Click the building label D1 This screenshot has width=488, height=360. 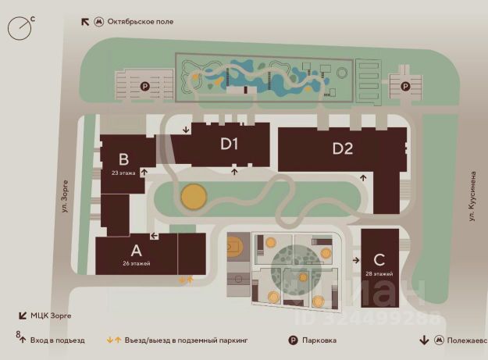tap(229, 144)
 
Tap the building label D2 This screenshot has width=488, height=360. tap(343, 148)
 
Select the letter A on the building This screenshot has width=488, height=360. tap(136, 251)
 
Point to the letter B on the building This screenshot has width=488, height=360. tap(123, 160)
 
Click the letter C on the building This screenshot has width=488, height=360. tap(379, 260)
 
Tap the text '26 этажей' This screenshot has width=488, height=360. tap(136, 263)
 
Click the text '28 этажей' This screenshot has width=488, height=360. tap(379, 274)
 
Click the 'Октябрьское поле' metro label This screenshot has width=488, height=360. tap(140, 21)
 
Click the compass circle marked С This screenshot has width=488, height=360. tap(20, 28)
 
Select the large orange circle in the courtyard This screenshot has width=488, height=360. tap(194, 197)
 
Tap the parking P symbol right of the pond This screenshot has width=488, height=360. tap(404, 86)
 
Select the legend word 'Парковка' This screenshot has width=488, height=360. tap(319, 340)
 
